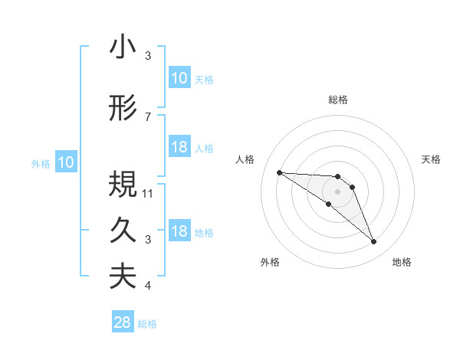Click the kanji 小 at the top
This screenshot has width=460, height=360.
pos(123,47)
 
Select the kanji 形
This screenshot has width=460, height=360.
pos(123,109)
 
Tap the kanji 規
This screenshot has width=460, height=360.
pos(123,185)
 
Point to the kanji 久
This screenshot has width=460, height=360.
pos(123,231)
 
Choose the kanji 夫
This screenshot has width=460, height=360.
pos(123,277)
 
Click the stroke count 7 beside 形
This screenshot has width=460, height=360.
pos(148,117)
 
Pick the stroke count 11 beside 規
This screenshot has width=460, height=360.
pos(149,194)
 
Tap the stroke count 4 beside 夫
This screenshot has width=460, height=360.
pos(148,286)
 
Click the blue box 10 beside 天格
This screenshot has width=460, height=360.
pos(179,78)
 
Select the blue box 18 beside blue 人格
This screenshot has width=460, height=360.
pos(179,147)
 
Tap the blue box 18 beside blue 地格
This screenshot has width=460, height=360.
pos(179,231)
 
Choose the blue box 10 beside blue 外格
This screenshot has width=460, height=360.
pos(65,162)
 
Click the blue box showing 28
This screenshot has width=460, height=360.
pos(123,323)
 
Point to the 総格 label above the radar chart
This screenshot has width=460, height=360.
pos(338,100)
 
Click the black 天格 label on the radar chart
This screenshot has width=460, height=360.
pos(432,159)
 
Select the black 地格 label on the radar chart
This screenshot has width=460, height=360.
pos(402,262)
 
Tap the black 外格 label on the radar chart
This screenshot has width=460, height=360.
pos(270,262)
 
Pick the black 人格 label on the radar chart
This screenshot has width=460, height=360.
pos(245,159)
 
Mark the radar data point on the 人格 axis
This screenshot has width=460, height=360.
pos(279,172)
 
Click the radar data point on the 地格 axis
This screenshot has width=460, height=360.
pos(374,242)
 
